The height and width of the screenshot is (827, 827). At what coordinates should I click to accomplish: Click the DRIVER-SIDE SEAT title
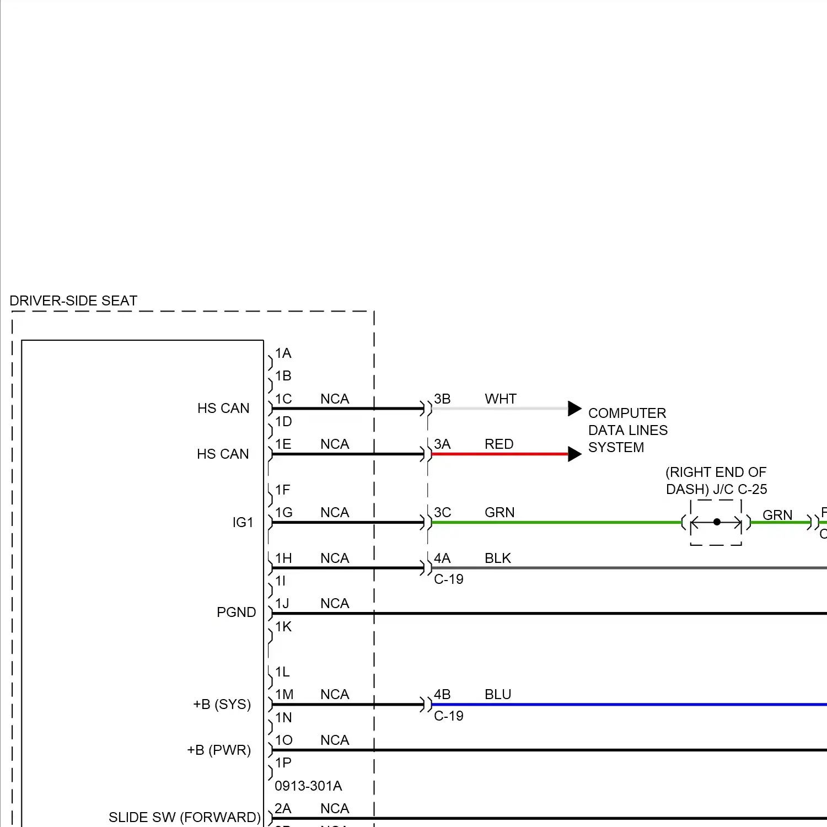[x=73, y=300]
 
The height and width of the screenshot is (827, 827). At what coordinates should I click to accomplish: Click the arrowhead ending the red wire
[x=574, y=454]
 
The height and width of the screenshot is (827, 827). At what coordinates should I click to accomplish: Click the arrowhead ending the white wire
[x=574, y=409]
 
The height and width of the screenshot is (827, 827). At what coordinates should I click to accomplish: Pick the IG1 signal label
[x=243, y=522]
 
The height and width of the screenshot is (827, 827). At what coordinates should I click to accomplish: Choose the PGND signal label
[x=236, y=612]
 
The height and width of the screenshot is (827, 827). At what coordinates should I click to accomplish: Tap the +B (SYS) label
[x=222, y=704]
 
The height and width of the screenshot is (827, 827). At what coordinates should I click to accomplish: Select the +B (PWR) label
[x=219, y=750]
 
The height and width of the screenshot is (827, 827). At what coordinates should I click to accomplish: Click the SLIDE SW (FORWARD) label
[x=184, y=817]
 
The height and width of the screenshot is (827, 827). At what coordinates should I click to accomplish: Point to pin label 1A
[x=283, y=353]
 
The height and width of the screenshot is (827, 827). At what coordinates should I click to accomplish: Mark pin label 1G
[x=284, y=512]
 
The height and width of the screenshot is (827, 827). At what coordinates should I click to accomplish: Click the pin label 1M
[x=284, y=694]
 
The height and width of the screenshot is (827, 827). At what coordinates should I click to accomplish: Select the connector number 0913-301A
[x=308, y=786]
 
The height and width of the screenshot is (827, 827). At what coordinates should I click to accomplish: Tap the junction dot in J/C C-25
[x=717, y=522]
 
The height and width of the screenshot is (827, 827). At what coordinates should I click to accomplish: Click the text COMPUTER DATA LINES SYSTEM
[x=627, y=430]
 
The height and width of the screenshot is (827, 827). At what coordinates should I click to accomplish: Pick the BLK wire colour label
[x=498, y=558]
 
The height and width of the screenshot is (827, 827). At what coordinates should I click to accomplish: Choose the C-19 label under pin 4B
[x=449, y=716]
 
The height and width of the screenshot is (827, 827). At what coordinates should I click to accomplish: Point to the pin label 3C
[x=442, y=512]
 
